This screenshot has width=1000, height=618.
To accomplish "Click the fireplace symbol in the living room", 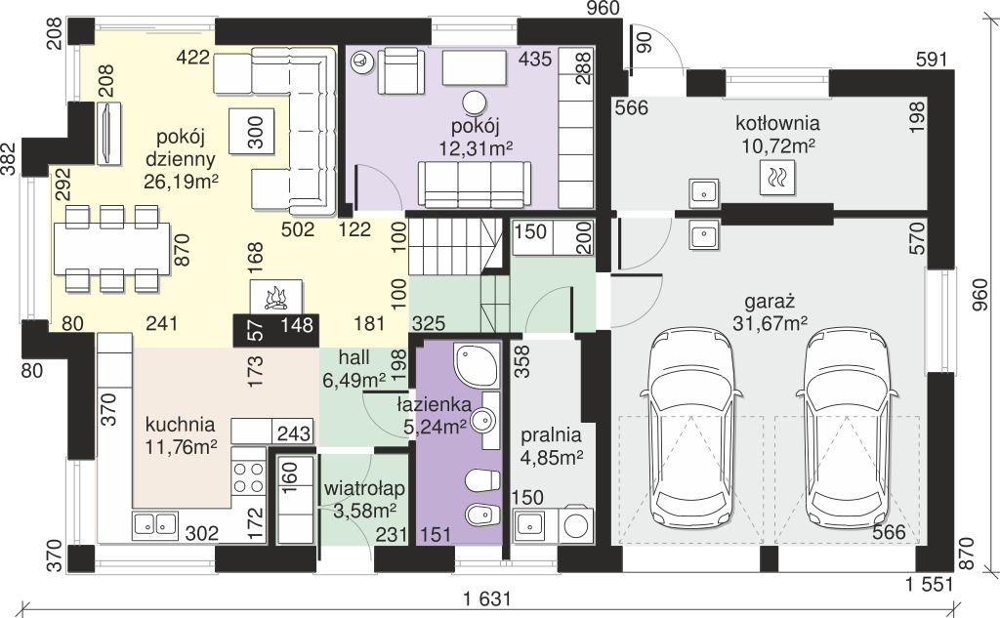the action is click(x=276, y=297).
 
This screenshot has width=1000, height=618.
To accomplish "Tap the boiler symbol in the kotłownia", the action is click(x=777, y=177).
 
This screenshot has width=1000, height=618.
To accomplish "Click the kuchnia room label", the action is click(x=180, y=425).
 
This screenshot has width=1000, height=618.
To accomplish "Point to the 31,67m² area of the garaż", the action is click(x=771, y=323).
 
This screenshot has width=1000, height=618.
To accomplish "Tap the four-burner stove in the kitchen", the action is click(x=248, y=477).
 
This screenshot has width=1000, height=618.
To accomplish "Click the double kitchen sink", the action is click(x=155, y=523).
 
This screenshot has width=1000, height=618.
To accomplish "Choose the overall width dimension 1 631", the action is click(x=487, y=598).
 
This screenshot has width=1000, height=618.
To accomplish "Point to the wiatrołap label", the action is click(x=364, y=489).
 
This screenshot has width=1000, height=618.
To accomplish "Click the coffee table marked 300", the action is click(x=252, y=131).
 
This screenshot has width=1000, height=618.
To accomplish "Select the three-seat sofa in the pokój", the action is click(x=474, y=184).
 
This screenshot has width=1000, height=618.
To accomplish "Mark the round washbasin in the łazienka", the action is click(x=482, y=420).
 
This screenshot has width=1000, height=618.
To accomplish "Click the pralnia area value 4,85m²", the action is click(x=552, y=457).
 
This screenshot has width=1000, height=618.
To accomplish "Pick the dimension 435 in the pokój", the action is click(x=535, y=59).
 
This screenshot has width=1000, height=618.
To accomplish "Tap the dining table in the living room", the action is click(x=112, y=248).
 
